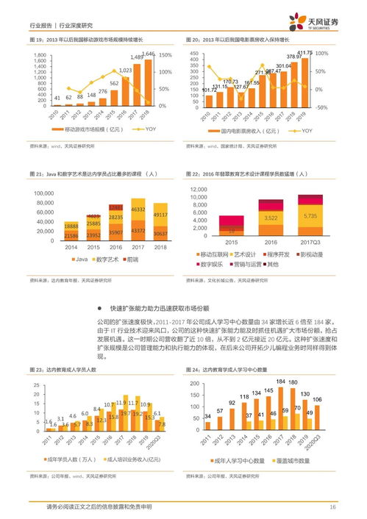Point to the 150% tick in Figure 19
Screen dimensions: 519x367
pos(165,55)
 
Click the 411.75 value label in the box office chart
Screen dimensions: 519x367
pos(304,53)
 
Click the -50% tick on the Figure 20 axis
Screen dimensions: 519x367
pos(321,107)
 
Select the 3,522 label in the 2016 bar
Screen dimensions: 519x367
pos(271,218)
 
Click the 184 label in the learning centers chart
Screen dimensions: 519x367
pos(280,390)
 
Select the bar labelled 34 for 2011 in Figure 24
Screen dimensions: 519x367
pos(208,427)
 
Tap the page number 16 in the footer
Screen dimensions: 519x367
pos(332,507)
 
